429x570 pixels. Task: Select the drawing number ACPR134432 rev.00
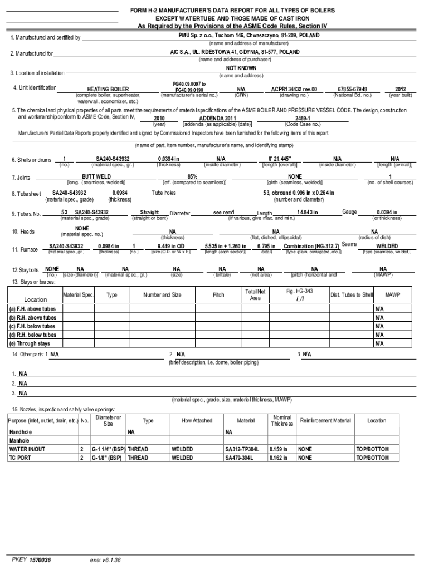coord(294,89)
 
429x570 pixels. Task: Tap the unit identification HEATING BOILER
coord(108,89)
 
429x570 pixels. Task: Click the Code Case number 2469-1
coord(303,119)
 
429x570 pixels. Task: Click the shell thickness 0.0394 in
coord(168,159)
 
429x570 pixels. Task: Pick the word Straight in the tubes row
coord(150,212)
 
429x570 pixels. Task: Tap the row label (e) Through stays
coord(29,343)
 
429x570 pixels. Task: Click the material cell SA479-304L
coord(239,458)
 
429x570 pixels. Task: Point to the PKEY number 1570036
coord(40,559)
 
